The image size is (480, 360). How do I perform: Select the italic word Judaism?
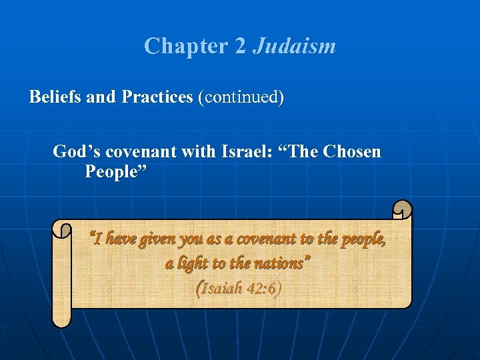(294, 47)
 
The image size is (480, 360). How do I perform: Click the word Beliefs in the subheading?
(55, 97)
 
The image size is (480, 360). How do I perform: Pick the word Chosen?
(351, 152)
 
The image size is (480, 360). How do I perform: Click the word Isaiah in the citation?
(225, 289)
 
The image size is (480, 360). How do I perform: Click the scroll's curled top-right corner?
(402, 210)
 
